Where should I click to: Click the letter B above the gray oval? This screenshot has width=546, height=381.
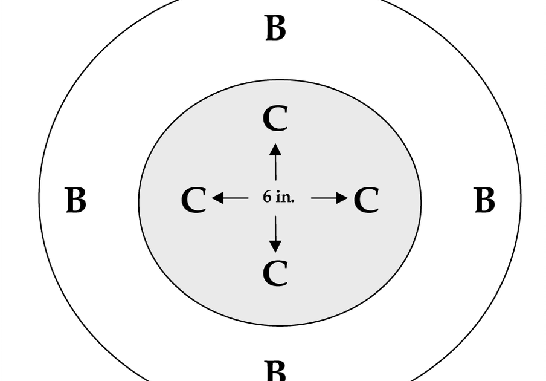pos(275,28)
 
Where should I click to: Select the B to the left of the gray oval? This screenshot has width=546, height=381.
pos(75,200)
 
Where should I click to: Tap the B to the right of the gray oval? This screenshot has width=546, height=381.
pos(484,200)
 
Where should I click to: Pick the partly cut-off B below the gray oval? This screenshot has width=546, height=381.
pos(275,371)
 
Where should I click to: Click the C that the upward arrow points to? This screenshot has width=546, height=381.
pos(275,119)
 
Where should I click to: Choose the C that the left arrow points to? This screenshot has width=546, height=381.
pos(194,200)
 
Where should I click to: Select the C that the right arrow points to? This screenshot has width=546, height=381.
pos(367,200)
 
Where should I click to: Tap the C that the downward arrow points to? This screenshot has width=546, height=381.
pos(275,273)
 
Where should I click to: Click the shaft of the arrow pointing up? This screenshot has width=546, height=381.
pos(276,168)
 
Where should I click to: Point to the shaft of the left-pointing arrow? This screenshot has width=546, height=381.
pos(236,198)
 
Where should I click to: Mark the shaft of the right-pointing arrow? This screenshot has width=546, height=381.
pos(324,198)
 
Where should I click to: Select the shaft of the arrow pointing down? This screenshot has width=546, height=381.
pos(275,229)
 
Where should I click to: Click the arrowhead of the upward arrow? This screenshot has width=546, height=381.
pos(275,150)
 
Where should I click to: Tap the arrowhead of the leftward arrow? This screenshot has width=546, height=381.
pos(217,198)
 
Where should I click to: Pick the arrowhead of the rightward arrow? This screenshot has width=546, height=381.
pos(342,198)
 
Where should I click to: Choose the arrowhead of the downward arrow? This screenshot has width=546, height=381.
pos(275,247)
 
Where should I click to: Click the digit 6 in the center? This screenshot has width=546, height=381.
pos(267,197)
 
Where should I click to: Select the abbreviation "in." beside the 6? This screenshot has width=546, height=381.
pos(285,197)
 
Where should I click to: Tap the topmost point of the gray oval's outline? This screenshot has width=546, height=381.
pos(280,80)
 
